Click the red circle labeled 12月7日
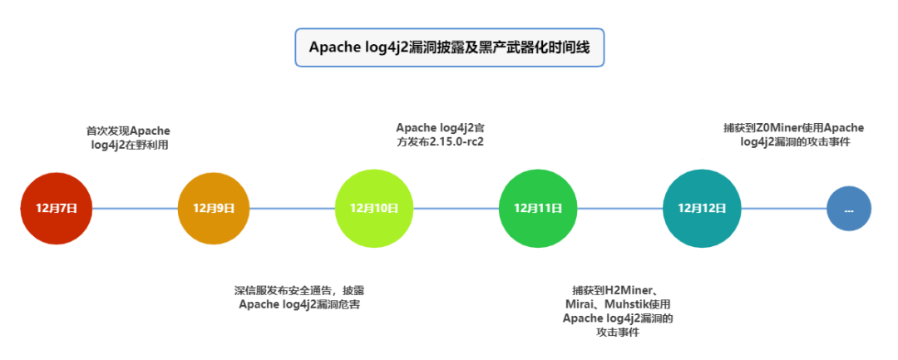tap(57, 208)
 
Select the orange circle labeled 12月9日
tap(214, 208)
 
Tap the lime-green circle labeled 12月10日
tap(373, 208)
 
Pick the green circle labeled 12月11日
tap(535, 208)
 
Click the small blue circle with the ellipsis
tap(849, 209)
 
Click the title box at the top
tap(449, 47)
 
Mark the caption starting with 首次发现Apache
tap(128, 138)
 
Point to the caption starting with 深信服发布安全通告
tap(299, 298)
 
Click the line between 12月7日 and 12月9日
tap(135, 208)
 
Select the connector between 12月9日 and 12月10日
tap(292, 208)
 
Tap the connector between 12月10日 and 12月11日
tap(454, 208)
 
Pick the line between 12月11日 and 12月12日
tap(617, 208)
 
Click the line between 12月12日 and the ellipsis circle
tap(782, 208)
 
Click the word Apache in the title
tap(334, 47)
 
